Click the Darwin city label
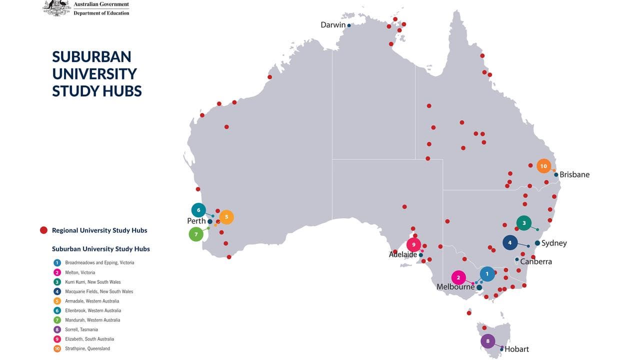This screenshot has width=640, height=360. [333, 24]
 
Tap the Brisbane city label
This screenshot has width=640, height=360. [574, 174]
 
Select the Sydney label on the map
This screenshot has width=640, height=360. [554, 243]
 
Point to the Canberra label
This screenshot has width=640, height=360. [536, 261]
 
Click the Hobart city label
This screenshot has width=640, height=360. [516, 349]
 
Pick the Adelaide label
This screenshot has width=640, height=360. [402, 254]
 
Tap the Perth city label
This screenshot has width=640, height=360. [196, 221]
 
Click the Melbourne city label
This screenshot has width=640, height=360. [455, 287]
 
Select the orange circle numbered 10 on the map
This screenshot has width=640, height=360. [543, 166]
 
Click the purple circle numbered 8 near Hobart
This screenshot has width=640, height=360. [487, 341]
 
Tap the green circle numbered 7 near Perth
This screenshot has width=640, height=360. [196, 234]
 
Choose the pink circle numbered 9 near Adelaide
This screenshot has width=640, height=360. [413, 244]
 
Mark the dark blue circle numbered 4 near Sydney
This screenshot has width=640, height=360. [509, 243]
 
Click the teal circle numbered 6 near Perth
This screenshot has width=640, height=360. [198, 210]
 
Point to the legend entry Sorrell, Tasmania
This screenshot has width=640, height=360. [81, 329]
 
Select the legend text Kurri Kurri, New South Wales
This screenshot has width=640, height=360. [92, 282]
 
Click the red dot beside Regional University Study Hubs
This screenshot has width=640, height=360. [43, 230]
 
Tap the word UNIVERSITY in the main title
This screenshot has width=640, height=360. [94, 73]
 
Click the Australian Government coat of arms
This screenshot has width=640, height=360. [57, 8]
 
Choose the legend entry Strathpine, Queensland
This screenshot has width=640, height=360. [87, 348]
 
